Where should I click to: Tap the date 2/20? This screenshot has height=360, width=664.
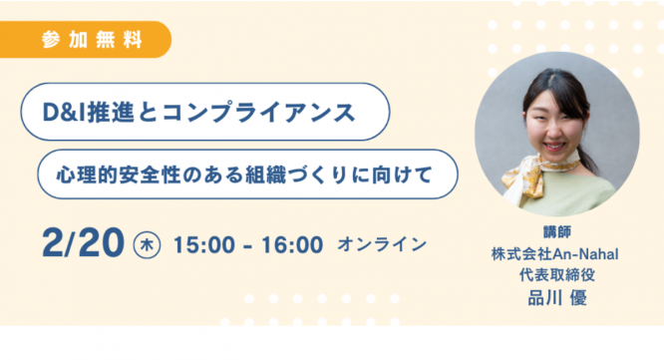tap(83, 242)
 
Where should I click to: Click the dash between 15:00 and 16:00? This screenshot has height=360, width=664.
tap(248, 244)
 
